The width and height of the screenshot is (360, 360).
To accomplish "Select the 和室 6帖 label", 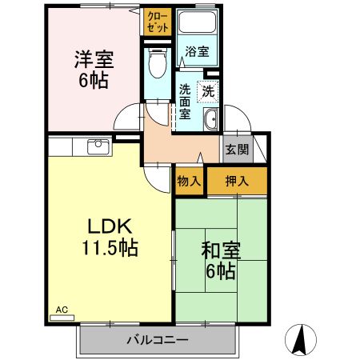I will tap(217, 260).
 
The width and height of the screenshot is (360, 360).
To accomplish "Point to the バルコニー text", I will tap(157, 340).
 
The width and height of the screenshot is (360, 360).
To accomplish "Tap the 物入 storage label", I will tap(189, 181).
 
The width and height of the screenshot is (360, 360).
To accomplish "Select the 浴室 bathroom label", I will tap(197, 52).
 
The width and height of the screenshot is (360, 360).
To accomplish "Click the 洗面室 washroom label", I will tap(185, 101).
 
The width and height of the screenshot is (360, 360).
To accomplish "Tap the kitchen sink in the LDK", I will tap(98, 146).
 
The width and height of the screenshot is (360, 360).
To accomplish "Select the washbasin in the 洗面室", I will tap(210, 121).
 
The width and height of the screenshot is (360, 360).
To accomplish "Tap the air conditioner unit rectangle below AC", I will tap(62, 318).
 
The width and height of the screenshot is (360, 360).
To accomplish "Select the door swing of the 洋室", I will tap(128, 121).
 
